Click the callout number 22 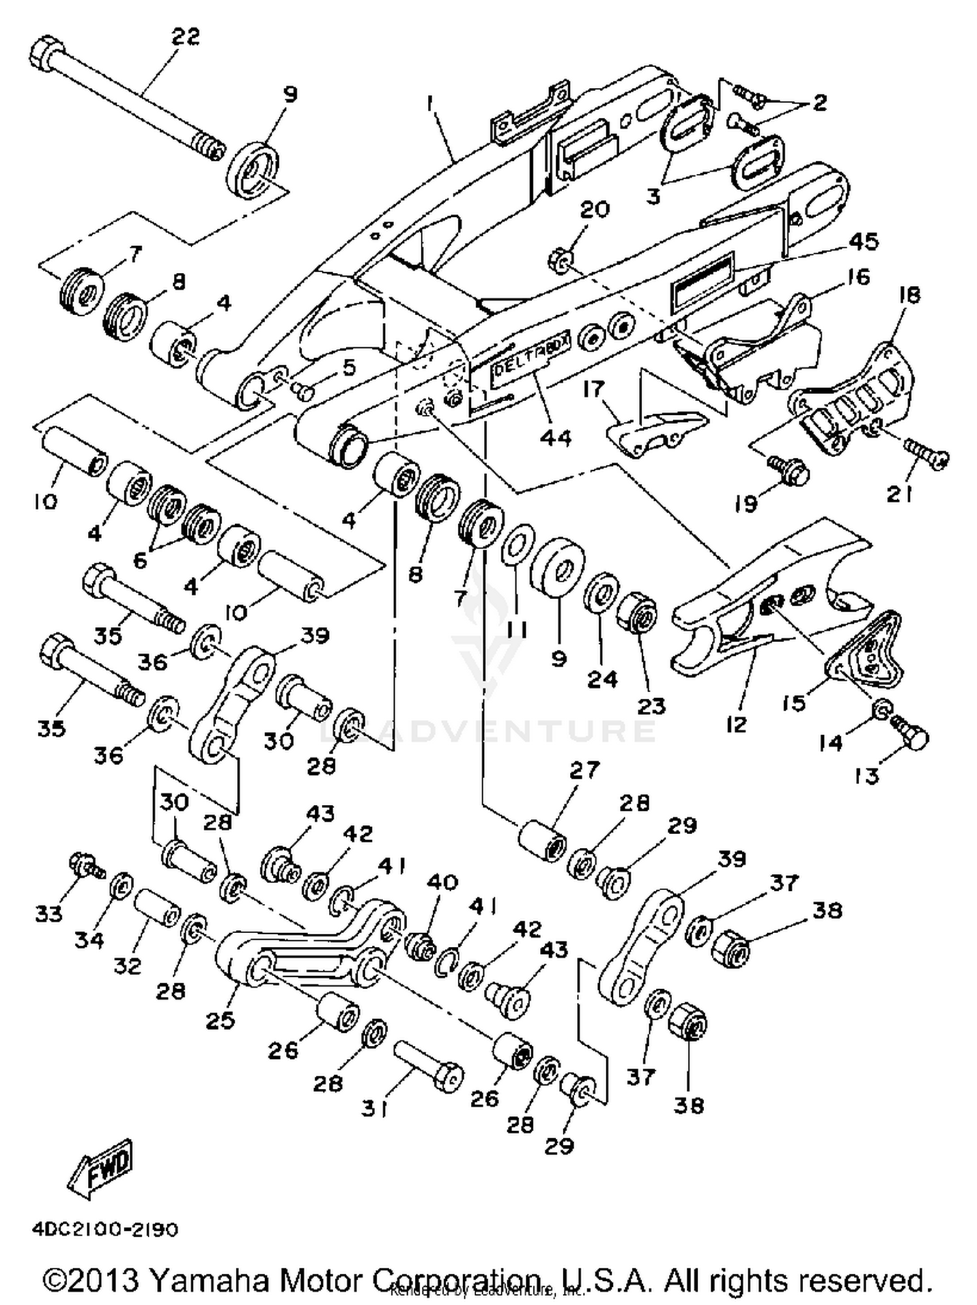point(185,37)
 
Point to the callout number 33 point(49,914)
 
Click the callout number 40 point(442,882)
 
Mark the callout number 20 point(594,210)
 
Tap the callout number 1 point(429,102)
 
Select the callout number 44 point(556,438)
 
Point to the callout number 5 point(349,368)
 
